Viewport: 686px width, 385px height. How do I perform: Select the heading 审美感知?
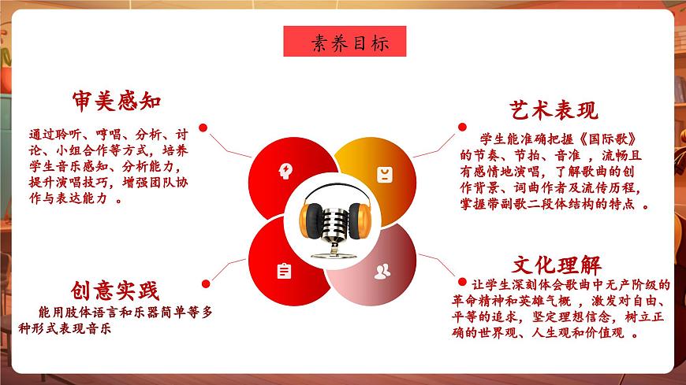117,102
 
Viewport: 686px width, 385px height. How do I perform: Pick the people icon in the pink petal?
382,272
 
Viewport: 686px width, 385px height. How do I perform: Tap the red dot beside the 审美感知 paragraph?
203,127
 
